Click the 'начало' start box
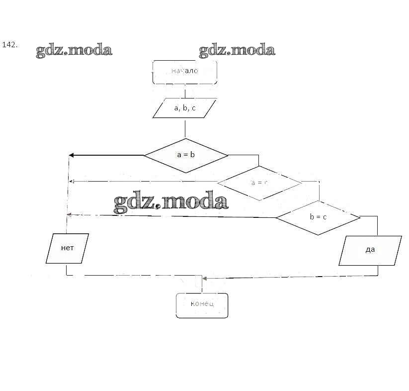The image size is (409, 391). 184,72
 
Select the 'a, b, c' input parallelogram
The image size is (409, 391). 184,108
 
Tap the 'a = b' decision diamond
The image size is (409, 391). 185,155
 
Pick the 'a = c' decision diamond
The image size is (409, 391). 259,183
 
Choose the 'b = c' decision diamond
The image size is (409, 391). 318,217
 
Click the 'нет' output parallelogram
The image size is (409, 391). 67,248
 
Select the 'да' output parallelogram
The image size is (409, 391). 370,250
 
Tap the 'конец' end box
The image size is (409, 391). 202,304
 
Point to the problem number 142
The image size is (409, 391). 10,45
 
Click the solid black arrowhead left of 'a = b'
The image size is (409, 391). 72,155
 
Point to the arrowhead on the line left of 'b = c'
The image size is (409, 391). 70,214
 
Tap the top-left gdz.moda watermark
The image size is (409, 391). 74,50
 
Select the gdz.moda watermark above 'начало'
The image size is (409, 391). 237,50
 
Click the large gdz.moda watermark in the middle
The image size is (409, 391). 171,202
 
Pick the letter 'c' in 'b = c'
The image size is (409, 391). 325,217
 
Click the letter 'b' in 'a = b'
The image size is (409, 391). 192,155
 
